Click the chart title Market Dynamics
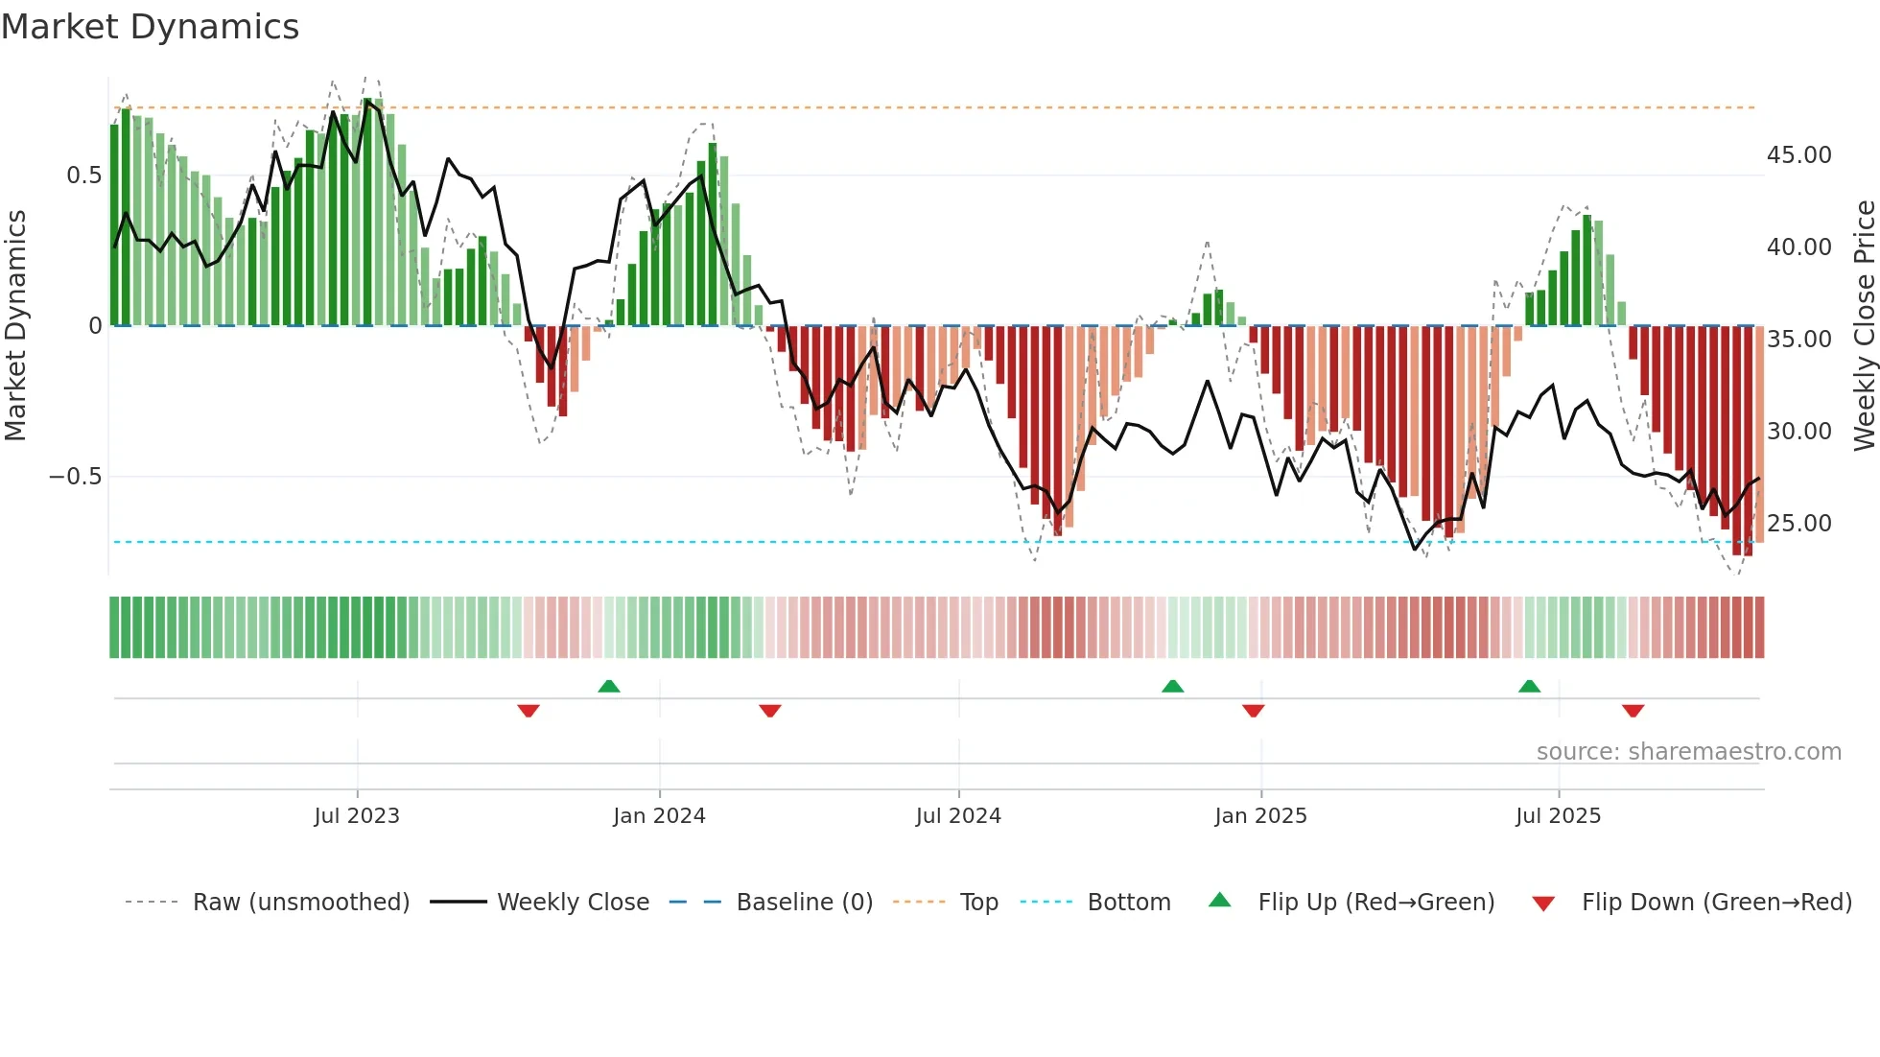[x=150, y=27]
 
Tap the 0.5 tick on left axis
[x=83, y=176]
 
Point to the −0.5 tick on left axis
[x=76, y=477]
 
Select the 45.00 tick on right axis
[x=1798, y=155]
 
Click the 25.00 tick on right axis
[x=1798, y=524]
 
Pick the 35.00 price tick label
[x=1798, y=340]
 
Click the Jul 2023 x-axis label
[x=357, y=816]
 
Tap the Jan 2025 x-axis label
[x=1260, y=816]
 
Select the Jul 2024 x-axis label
[x=958, y=816]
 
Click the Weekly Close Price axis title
[x=1864, y=326]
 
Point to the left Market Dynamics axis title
[x=15, y=326]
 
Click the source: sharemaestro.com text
[x=1688, y=752]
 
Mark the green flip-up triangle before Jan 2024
[x=609, y=686]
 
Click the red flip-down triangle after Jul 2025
[x=1633, y=711]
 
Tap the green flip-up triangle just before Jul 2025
[x=1530, y=686]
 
